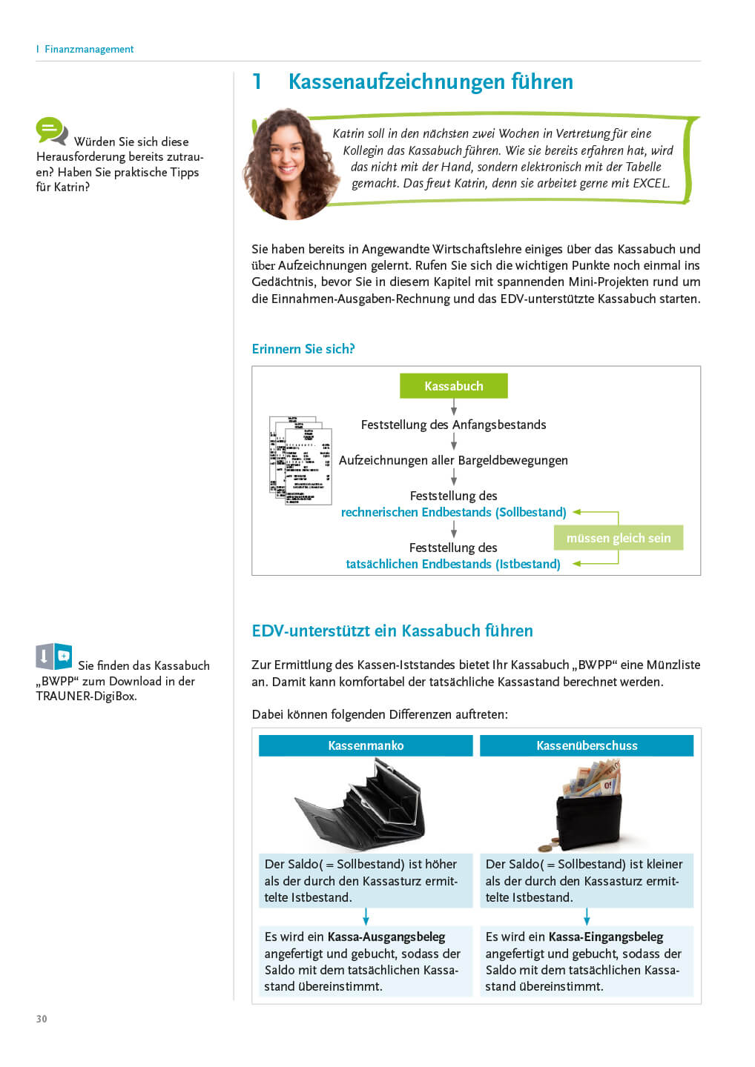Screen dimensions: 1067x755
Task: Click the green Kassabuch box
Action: (453, 386)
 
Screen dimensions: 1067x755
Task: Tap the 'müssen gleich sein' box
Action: (618, 538)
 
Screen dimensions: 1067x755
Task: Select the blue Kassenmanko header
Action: (366, 745)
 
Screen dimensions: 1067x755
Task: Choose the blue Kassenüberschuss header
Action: (587, 745)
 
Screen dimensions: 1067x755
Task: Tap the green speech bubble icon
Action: (51, 131)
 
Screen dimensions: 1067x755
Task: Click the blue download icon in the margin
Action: (54, 657)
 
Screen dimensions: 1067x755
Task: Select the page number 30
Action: (42, 1019)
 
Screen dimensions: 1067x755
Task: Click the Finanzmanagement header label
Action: (89, 49)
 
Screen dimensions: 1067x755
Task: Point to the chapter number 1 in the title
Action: (257, 82)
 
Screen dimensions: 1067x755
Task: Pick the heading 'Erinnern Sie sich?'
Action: (303, 349)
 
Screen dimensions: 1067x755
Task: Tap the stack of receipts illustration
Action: (300, 460)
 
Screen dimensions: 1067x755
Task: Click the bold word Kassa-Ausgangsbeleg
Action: (386, 937)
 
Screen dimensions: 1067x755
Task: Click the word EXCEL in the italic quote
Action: (650, 183)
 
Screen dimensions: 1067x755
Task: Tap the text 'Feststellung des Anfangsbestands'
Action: (453, 425)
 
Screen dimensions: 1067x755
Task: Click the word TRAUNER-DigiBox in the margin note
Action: (86, 697)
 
